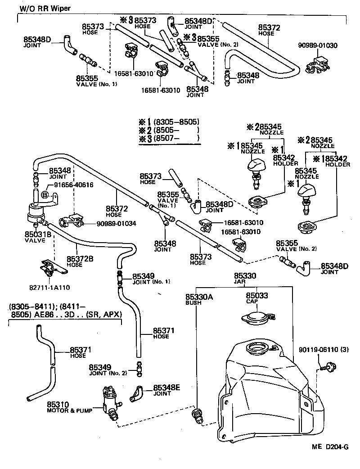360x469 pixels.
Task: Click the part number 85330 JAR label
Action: (x=245, y=278)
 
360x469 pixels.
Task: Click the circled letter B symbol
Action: (x=45, y=194)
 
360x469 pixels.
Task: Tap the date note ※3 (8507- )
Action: (x=169, y=139)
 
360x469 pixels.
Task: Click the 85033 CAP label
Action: (x=256, y=298)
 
